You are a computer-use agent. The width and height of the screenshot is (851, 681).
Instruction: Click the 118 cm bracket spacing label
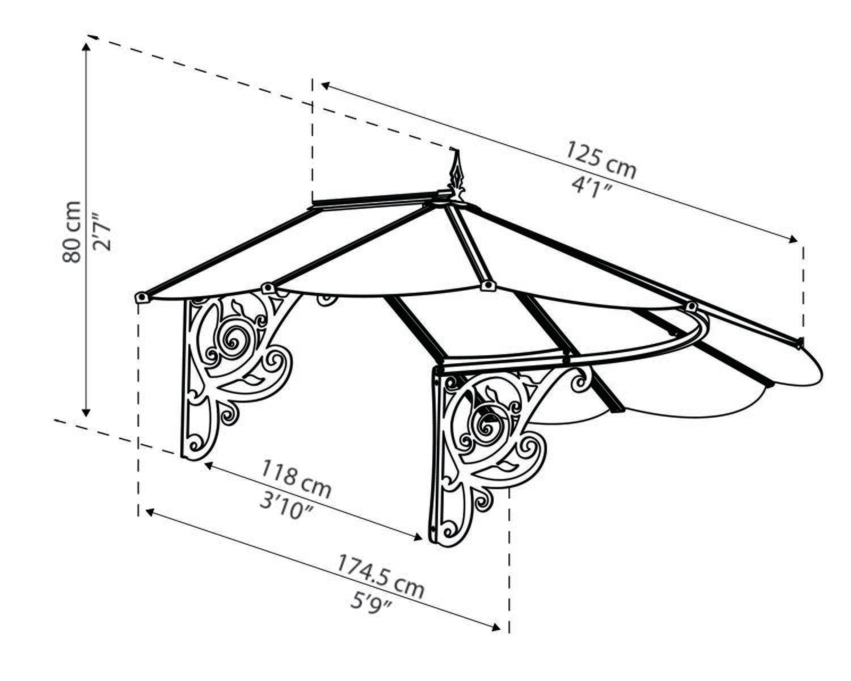point(296,477)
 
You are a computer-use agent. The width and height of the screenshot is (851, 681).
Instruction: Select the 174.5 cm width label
point(381,576)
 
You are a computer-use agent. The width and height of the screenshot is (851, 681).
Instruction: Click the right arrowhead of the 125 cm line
point(793,241)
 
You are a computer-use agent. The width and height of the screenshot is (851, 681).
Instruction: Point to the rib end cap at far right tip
point(799,343)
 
